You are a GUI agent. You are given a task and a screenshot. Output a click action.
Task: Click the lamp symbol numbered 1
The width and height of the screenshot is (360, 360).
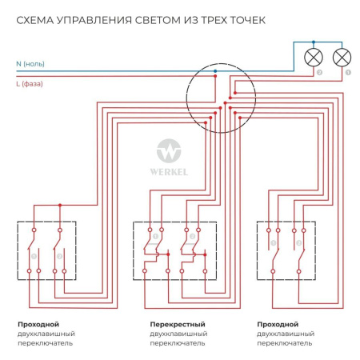point(342,57)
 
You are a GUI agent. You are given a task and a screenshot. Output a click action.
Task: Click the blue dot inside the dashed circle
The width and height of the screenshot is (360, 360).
point(215,72)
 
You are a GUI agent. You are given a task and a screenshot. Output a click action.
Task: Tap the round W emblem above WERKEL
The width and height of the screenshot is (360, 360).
point(170,150)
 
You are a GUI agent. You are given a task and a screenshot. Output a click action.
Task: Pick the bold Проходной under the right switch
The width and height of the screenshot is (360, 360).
point(278,323)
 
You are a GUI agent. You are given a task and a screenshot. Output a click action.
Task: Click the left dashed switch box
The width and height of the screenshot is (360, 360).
point(46,250)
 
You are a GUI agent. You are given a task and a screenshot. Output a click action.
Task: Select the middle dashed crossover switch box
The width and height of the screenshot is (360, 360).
point(174,250)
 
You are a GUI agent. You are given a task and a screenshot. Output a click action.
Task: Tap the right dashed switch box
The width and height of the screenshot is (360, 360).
point(285,250)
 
